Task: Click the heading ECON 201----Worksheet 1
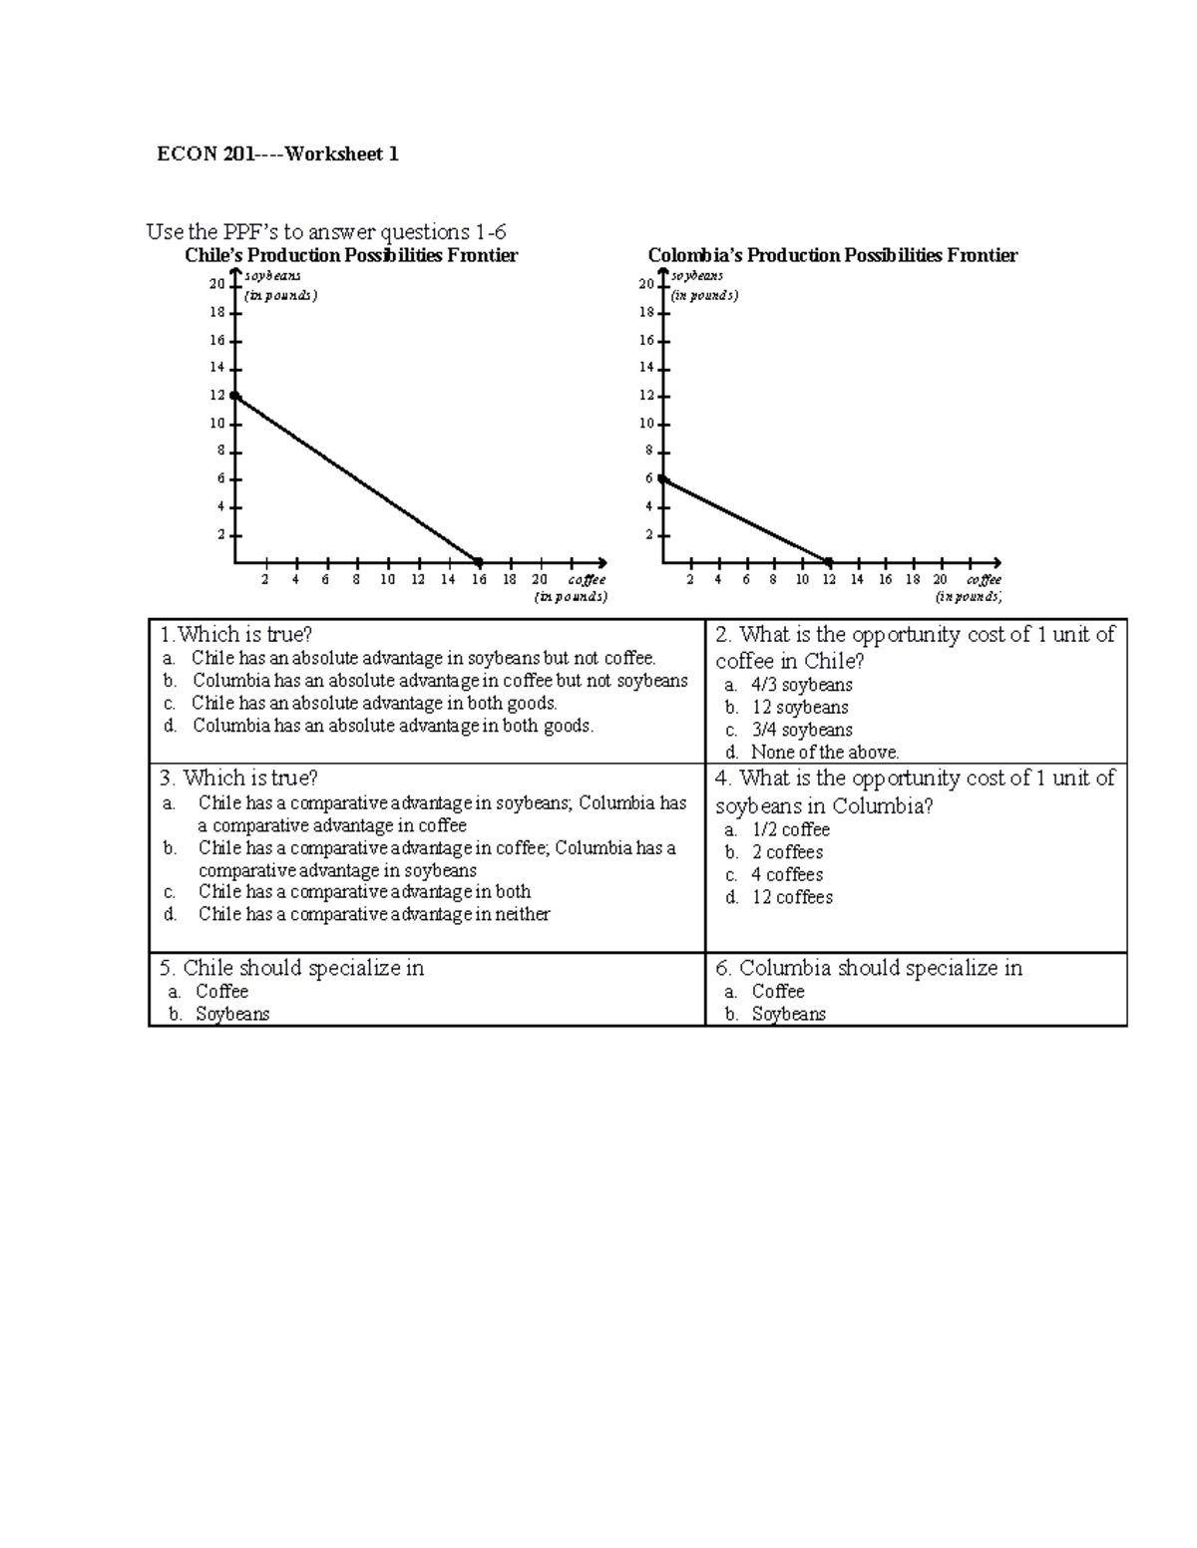pos(277,155)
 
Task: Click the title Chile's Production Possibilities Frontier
pos(351,256)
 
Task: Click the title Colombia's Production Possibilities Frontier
pos(832,256)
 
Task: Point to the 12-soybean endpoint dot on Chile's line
pos(235,396)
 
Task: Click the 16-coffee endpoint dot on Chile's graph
pos(479,562)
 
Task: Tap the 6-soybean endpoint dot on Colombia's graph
pos(662,479)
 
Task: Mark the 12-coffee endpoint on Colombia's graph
pos(829,562)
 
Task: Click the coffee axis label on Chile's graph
pos(586,580)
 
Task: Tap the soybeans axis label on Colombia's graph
pos(697,276)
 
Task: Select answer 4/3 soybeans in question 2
pos(801,685)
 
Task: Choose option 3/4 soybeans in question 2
pos(801,730)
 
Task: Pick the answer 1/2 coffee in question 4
pos(790,829)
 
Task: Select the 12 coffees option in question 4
pos(792,897)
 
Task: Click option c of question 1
pos(374,703)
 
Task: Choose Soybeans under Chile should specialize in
pos(231,1014)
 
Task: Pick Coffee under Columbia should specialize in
pos(777,991)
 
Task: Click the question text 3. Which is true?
pos(238,777)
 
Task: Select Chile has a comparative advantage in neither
pos(373,914)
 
